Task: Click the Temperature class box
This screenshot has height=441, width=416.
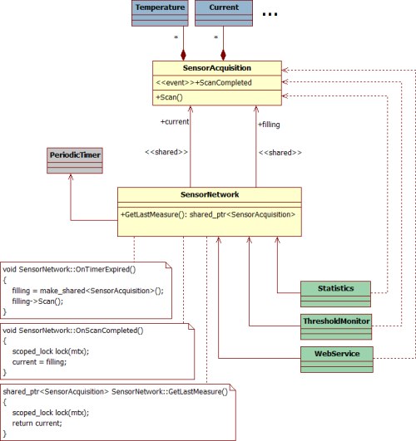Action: point(160,13)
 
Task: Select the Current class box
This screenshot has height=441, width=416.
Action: point(224,13)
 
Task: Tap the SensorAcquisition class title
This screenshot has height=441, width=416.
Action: point(217,68)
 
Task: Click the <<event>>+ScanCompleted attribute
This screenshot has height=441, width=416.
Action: point(204,83)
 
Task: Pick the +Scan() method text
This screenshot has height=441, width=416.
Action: point(169,97)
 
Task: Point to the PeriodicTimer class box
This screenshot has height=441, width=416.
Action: point(75,160)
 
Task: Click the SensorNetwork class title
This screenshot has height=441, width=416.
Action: point(210,194)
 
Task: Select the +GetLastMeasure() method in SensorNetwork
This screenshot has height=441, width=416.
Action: point(208,214)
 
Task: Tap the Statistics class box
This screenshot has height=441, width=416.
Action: point(335,294)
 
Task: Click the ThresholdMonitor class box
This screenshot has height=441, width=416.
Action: point(336,327)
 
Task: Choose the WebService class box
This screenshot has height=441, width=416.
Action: point(337,360)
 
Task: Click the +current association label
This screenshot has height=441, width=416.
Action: point(175,122)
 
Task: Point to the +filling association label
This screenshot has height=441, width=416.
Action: point(269,125)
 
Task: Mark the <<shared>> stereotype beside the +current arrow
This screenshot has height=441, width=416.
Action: point(166,152)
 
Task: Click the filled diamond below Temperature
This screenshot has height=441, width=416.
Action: point(184,55)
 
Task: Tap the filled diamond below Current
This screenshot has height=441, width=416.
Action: point(223,55)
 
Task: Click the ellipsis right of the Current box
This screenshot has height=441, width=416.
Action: point(270,14)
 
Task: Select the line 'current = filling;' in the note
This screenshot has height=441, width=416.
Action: point(39,362)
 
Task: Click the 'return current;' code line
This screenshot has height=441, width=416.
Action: point(37,424)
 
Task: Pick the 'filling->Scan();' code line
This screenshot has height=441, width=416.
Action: point(37,301)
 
